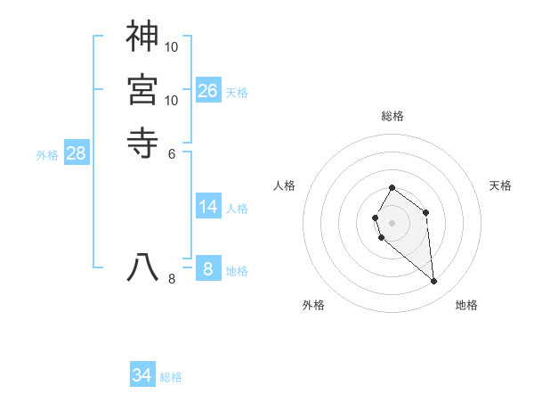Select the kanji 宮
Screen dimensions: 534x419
[x=142, y=90]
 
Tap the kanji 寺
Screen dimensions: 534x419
[x=142, y=143]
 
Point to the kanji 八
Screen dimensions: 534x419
[x=142, y=268]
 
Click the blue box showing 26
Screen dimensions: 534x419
[x=208, y=90]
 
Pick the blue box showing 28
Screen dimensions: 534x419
[x=77, y=153]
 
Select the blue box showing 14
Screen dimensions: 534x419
[x=208, y=207]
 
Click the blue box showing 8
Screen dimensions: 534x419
[x=208, y=268]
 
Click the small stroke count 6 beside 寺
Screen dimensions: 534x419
[x=172, y=152]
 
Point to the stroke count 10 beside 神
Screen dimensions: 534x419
[x=172, y=45]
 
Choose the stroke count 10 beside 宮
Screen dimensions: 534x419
[x=172, y=100]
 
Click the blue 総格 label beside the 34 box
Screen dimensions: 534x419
[x=171, y=377]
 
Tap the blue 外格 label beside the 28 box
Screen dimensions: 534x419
[x=47, y=155]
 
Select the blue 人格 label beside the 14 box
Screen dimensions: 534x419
[x=237, y=209]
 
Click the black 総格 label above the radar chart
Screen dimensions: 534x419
[x=392, y=116]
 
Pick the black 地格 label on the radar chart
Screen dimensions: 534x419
[x=466, y=305]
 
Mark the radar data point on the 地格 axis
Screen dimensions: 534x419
[x=434, y=282]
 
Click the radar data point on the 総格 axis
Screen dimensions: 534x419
[x=392, y=188]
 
